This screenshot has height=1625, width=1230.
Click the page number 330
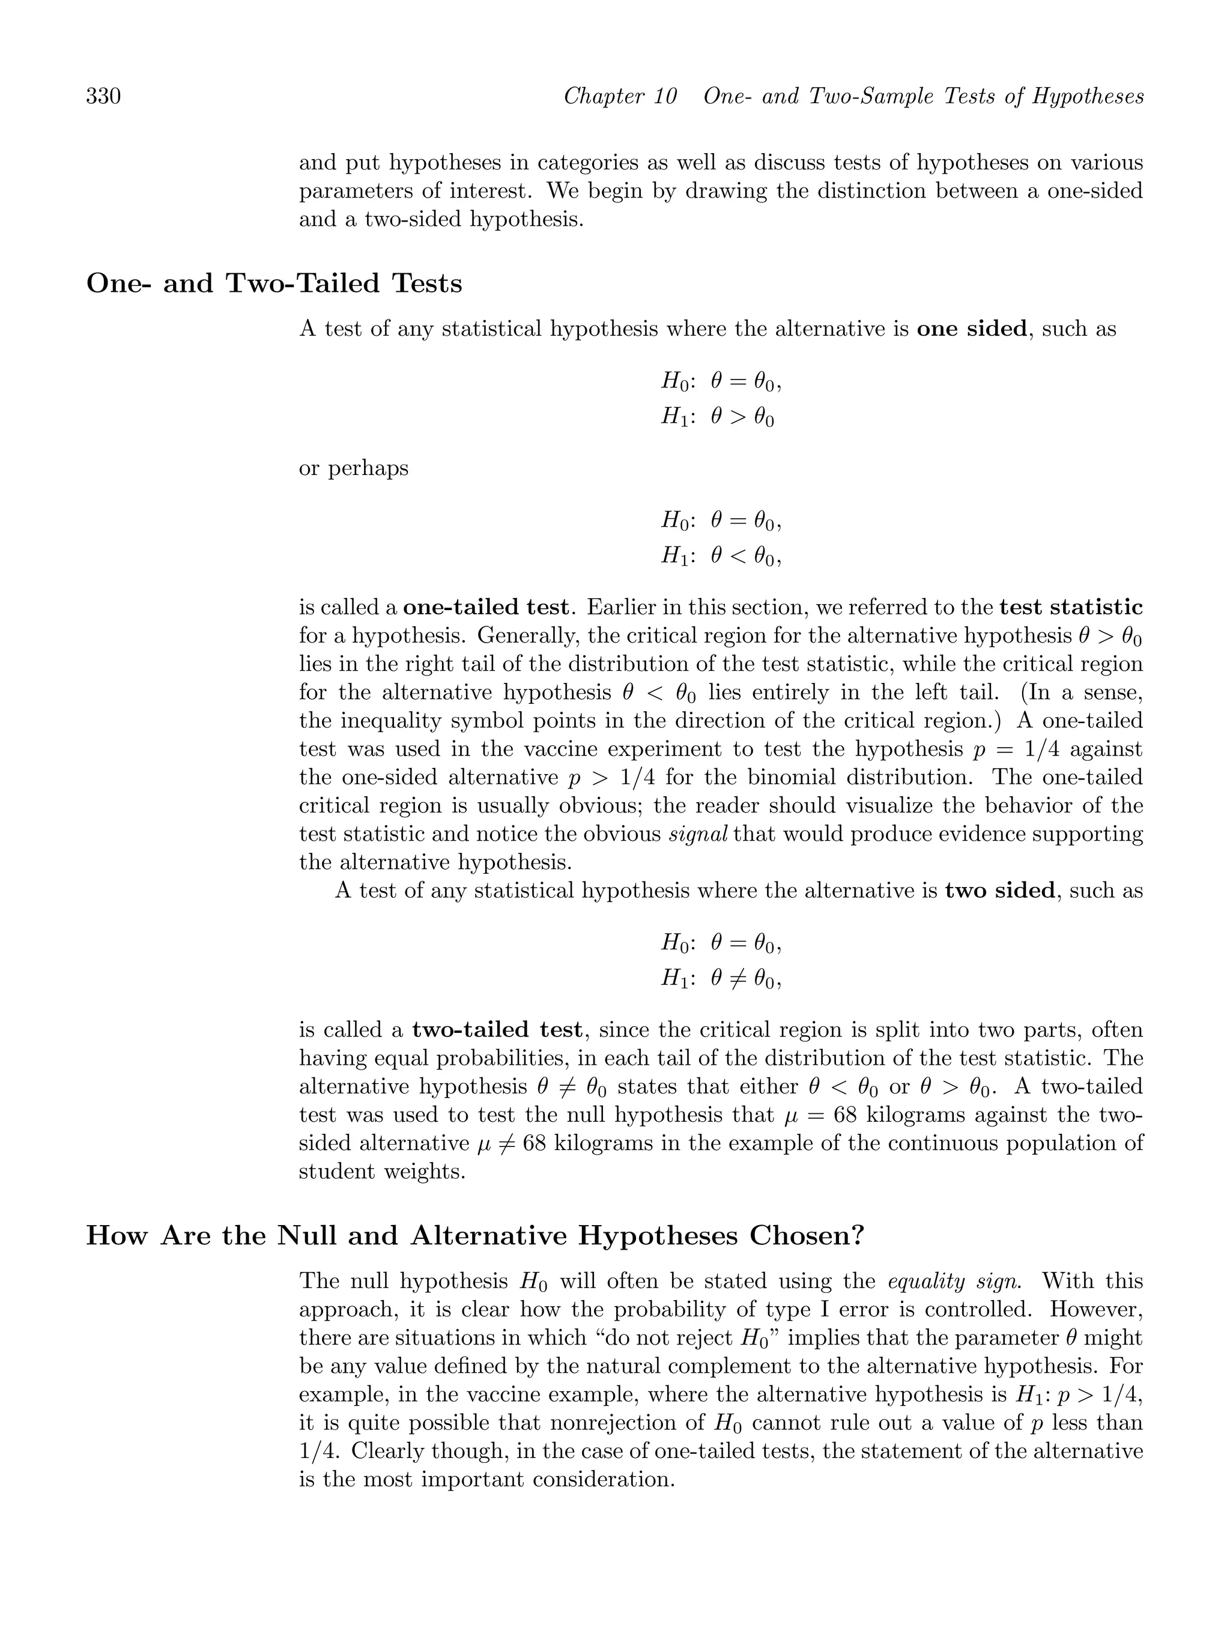104,96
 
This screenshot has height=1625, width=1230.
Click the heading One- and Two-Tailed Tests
274,283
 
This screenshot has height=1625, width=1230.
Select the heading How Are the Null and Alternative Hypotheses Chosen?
474,1236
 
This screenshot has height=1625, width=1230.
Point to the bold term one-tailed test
486,608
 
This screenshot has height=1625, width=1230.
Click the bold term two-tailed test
497,1030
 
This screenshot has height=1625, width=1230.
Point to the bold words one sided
971,328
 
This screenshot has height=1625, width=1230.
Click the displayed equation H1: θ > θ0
717,417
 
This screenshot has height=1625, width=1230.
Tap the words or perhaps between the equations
353,468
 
